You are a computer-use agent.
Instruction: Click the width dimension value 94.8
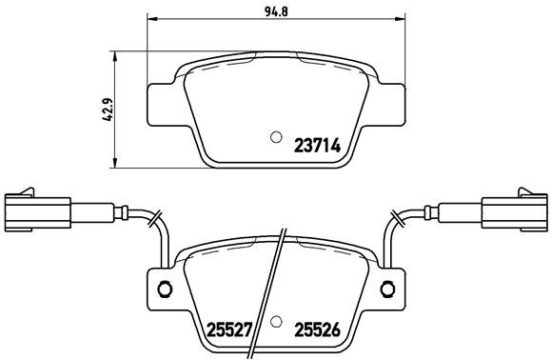[276, 10]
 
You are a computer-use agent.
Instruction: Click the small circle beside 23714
[275, 135]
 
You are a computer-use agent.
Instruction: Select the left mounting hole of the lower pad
[163, 290]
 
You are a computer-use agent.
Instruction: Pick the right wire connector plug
[514, 210]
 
